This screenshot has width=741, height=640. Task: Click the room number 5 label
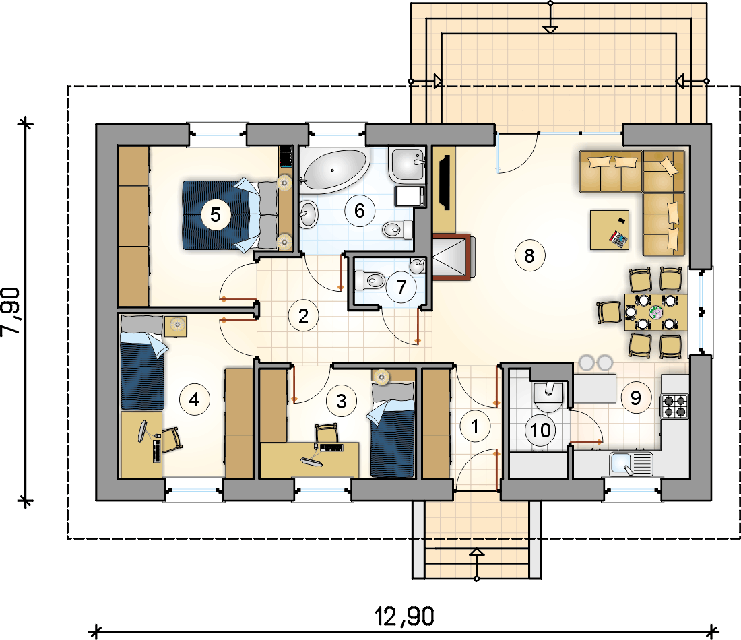coord(216,215)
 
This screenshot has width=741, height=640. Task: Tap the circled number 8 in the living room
coord(529,256)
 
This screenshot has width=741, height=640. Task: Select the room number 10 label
coord(540,430)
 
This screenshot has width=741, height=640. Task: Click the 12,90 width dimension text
coord(404,617)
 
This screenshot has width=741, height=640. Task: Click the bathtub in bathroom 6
coord(335,171)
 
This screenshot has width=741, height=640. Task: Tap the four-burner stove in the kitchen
coord(674,406)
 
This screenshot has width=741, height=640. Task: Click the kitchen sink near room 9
coord(631,463)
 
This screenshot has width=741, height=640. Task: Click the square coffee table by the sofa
coord(609,230)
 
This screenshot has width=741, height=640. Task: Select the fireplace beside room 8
coord(451,257)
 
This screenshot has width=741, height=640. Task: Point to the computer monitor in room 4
coord(142,430)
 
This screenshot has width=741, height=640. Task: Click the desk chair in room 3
coord(327,433)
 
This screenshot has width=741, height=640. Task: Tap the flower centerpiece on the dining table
coord(655,312)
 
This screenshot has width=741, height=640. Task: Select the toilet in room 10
coord(548,397)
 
